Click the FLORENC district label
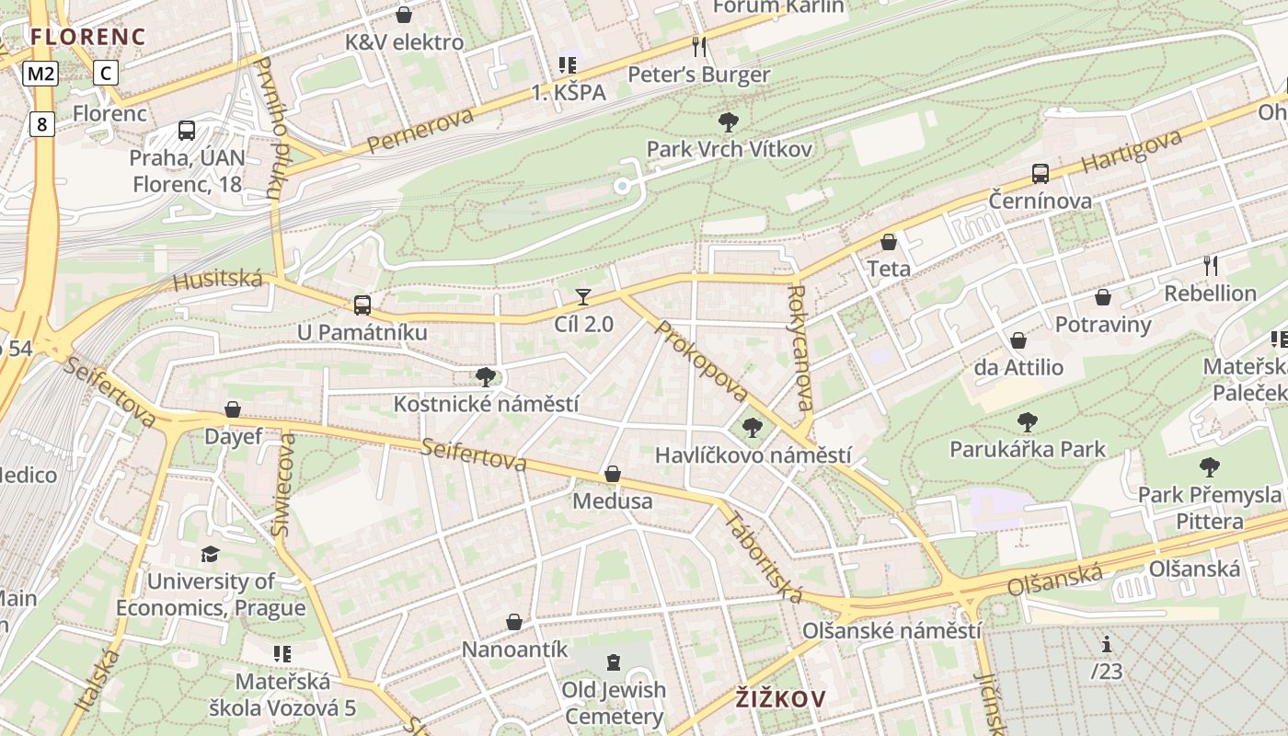tap(87, 37)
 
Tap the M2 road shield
tap(41, 74)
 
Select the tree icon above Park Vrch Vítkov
tap(728, 121)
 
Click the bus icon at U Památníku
tap(362, 305)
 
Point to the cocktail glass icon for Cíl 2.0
tap(583, 296)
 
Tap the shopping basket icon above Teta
tap(889, 242)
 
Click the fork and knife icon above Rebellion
tap(1211, 266)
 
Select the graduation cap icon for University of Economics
tap(211, 554)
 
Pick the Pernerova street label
tap(420, 130)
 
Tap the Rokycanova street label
tap(799, 347)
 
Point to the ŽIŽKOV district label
tap(780, 699)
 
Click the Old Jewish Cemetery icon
tap(614, 662)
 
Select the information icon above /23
tap(1107, 644)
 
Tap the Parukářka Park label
tap(1028, 450)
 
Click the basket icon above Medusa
tap(613, 474)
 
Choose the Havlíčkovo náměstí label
tap(753, 455)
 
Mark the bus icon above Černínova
tap(1041, 173)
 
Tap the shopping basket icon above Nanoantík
tap(514, 622)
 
